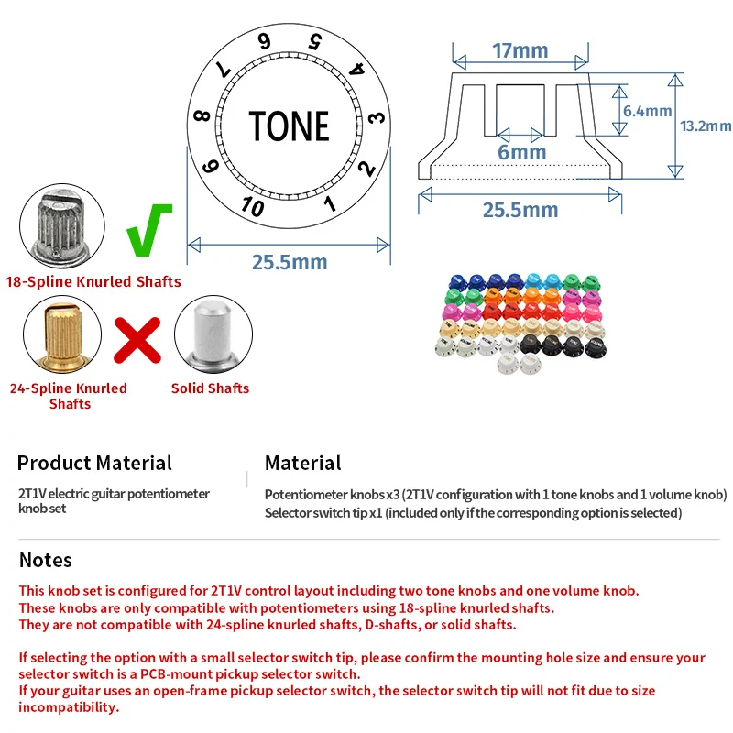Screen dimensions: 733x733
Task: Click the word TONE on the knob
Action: [289, 126]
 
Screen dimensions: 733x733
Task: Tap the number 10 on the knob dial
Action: [253, 206]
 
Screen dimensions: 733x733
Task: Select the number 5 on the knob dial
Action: [315, 41]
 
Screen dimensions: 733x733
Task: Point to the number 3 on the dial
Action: [377, 117]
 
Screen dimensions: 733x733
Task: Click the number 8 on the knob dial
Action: [202, 115]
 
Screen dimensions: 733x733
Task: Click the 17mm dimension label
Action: [520, 50]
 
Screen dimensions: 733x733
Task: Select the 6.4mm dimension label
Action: [647, 111]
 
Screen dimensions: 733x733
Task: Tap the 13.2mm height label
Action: [706, 126]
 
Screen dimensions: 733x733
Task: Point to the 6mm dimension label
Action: [521, 152]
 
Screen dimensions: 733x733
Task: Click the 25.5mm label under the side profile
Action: [520, 210]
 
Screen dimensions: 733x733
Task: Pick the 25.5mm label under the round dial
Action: [290, 262]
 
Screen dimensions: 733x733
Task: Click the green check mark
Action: [149, 230]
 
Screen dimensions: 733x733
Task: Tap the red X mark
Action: [137, 340]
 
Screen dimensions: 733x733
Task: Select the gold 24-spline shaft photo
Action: [62, 334]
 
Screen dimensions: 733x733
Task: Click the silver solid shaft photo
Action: [213, 334]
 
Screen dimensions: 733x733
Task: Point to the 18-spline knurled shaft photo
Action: [62, 226]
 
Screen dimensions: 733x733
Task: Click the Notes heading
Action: [45, 560]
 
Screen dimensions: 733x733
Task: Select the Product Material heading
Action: [94, 463]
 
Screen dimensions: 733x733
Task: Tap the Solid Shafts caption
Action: [210, 388]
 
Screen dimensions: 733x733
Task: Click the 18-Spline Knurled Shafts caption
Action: [93, 281]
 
